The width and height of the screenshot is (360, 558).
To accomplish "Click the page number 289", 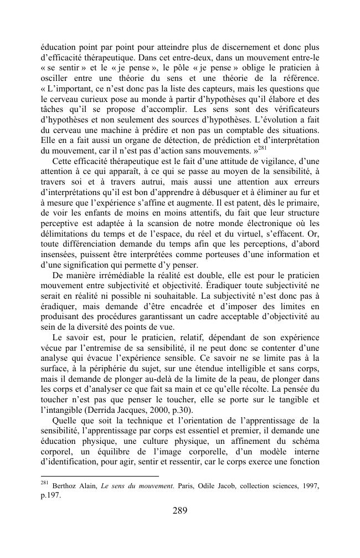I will pos(179,510).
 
